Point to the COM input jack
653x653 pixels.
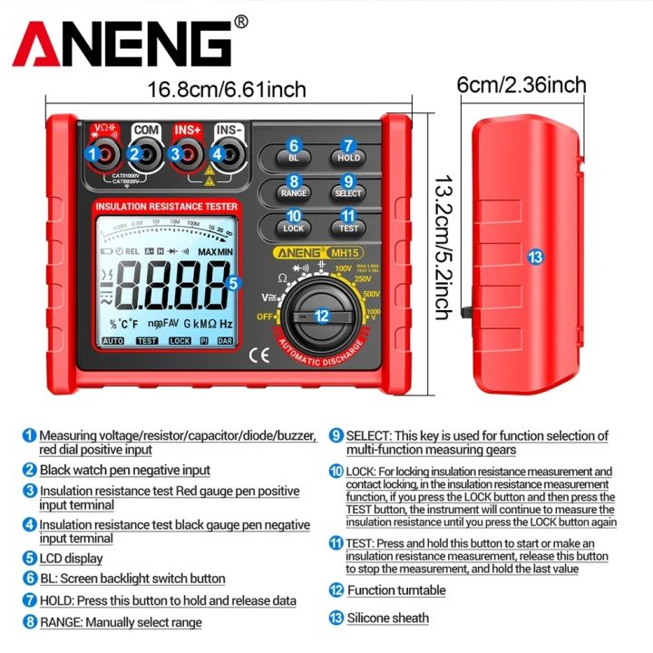(x=145, y=153)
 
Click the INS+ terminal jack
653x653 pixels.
(x=187, y=153)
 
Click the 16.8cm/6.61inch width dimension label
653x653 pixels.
(x=227, y=90)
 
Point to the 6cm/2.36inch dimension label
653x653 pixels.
(x=521, y=85)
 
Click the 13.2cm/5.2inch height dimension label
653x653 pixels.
(x=442, y=248)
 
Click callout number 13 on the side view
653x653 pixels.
(x=535, y=257)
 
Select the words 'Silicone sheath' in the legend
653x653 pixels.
(x=387, y=619)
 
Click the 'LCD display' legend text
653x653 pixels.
(x=71, y=559)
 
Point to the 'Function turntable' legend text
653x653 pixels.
(x=395, y=590)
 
